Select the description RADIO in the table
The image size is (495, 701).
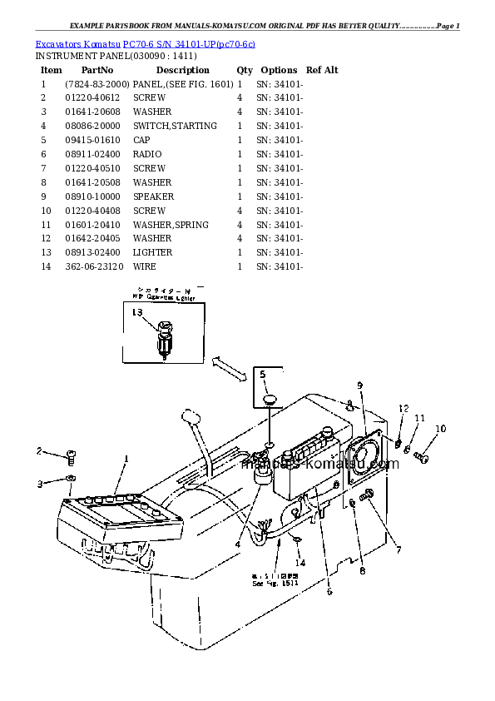point(147,154)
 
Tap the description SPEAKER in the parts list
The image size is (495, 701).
point(153,196)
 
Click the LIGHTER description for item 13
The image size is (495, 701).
point(152,252)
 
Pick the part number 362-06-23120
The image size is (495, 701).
point(94,266)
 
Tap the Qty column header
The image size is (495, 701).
point(245,70)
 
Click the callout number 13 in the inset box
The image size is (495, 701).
point(137,312)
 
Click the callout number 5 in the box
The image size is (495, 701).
point(264,375)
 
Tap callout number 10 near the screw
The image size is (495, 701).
point(441,429)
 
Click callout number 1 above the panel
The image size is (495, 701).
point(126,459)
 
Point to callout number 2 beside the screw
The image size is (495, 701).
point(38,451)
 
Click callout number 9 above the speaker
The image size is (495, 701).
point(360,385)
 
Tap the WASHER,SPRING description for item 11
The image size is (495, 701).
point(171,225)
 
